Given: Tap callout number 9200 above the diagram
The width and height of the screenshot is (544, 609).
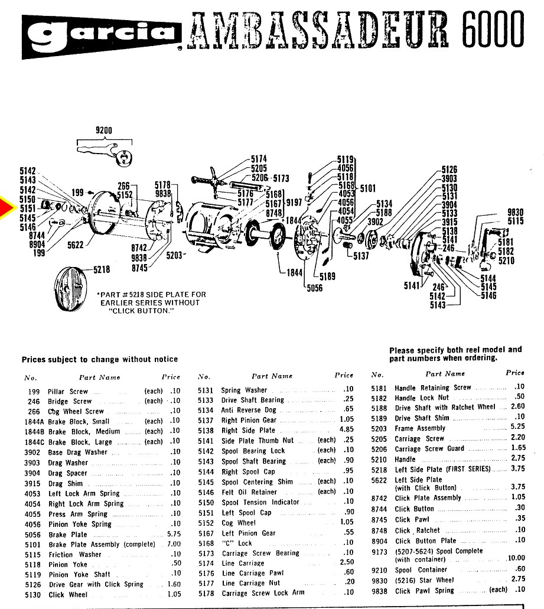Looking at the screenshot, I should [x=103, y=131].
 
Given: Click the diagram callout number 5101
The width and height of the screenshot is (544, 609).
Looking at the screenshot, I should [x=368, y=189].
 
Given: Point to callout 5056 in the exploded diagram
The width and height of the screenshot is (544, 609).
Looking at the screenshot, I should [x=315, y=288].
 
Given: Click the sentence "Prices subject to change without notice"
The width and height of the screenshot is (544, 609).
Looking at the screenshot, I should [x=100, y=359].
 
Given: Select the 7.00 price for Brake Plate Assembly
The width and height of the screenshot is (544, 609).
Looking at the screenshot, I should [x=174, y=545].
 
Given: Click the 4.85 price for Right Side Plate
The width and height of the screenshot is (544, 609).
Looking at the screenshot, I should [x=346, y=430].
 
